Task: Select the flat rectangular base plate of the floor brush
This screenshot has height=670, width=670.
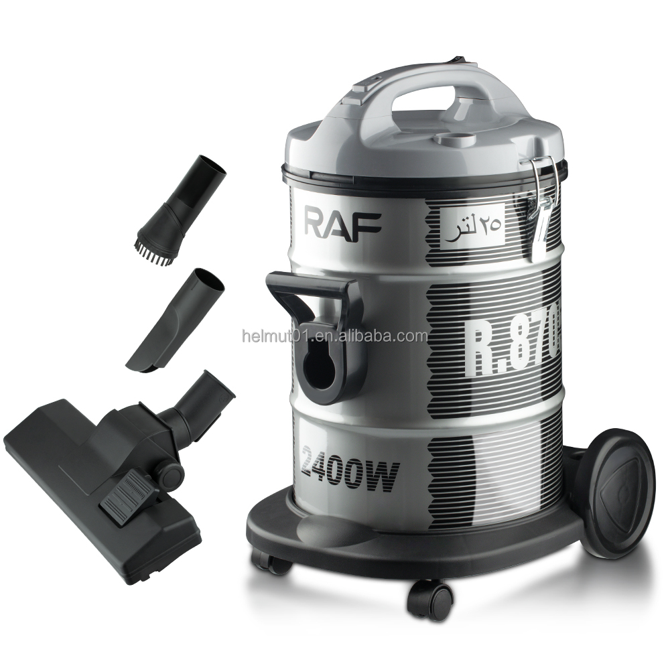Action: point(80,489)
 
